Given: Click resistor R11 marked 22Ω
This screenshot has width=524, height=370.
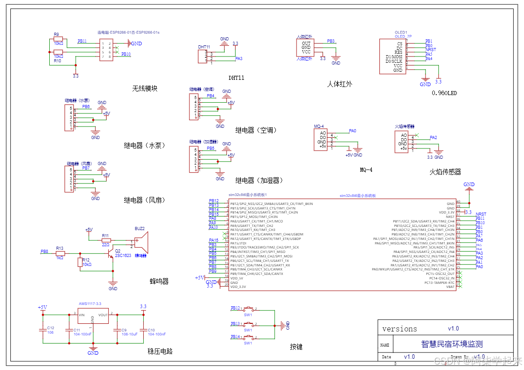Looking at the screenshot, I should pyautogui.click(x=106, y=240).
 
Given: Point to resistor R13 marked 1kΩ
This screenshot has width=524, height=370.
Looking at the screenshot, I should pyautogui.click(x=60, y=253).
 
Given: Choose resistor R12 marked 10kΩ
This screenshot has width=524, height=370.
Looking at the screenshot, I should pyautogui.click(x=80, y=262).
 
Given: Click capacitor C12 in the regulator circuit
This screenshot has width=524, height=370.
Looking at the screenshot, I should pyautogui.click(x=43, y=330).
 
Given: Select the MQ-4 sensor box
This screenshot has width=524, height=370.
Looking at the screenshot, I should pyautogui.click(x=322, y=140).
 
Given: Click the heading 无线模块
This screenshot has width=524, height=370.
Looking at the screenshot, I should pyautogui.click(x=145, y=88).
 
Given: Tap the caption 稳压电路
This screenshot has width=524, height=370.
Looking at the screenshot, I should pyautogui.click(x=160, y=351).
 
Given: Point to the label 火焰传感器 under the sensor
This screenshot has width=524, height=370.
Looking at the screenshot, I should pyautogui.click(x=445, y=172).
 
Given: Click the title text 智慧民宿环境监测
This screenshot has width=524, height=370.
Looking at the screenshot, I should pyautogui.click(x=452, y=344).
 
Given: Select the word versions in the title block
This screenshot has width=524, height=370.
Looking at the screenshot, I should pyautogui.click(x=399, y=329).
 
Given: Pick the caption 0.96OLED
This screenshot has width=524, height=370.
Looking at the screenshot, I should pyautogui.click(x=444, y=93).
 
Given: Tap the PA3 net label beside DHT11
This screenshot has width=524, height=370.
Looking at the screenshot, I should pyautogui.click(x=239, y=58).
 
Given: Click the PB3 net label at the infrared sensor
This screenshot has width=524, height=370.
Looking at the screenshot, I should pyautogui.click(x=331, y=41).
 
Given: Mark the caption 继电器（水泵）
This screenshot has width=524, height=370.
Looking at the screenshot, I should pyautogui.click(x=145, y=145).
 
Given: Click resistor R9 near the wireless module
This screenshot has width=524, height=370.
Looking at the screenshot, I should pyautogui.click(x=58, y=39).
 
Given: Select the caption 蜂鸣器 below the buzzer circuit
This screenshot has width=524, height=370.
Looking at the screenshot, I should pyautogui.click(x=159, y=281).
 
